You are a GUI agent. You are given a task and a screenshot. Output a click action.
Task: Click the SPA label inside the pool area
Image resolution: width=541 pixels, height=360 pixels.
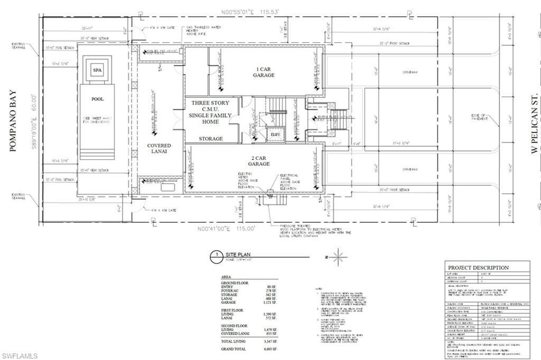coord(97,70)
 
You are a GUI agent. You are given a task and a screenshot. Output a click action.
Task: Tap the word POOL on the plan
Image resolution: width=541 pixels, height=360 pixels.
coord(97,99)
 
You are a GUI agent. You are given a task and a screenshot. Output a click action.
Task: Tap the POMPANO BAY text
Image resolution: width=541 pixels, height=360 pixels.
coord(13,121)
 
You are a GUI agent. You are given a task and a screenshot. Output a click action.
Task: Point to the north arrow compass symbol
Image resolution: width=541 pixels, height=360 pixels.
coord(339,257)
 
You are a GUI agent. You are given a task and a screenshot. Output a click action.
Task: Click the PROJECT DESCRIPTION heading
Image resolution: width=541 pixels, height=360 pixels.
coord(478,268)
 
